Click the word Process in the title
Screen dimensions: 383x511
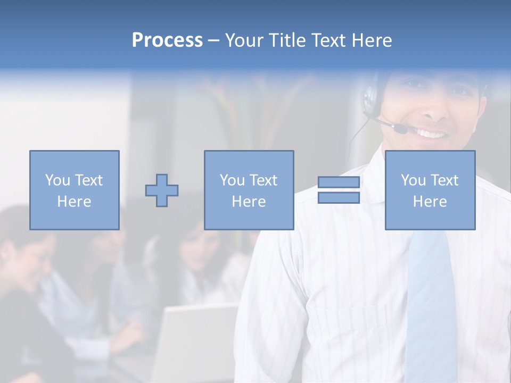pyautogui.click(x=167, y=40)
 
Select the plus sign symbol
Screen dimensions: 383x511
pyautogui.click(x=162, y=190)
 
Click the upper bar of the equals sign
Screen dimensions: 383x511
pyautogui.click(x=339, y=182)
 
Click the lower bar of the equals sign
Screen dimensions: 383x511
pyautogui.click(x=339, y=198)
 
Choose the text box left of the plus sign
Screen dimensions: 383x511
pyautogui.click(x=74, y=190)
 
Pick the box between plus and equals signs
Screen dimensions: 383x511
pyautogui.click(x=249, y=190)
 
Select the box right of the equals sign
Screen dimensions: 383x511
pyautogui.click(x=430, y=190)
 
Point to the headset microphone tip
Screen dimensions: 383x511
pyautogui.click(x=400, y=128)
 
